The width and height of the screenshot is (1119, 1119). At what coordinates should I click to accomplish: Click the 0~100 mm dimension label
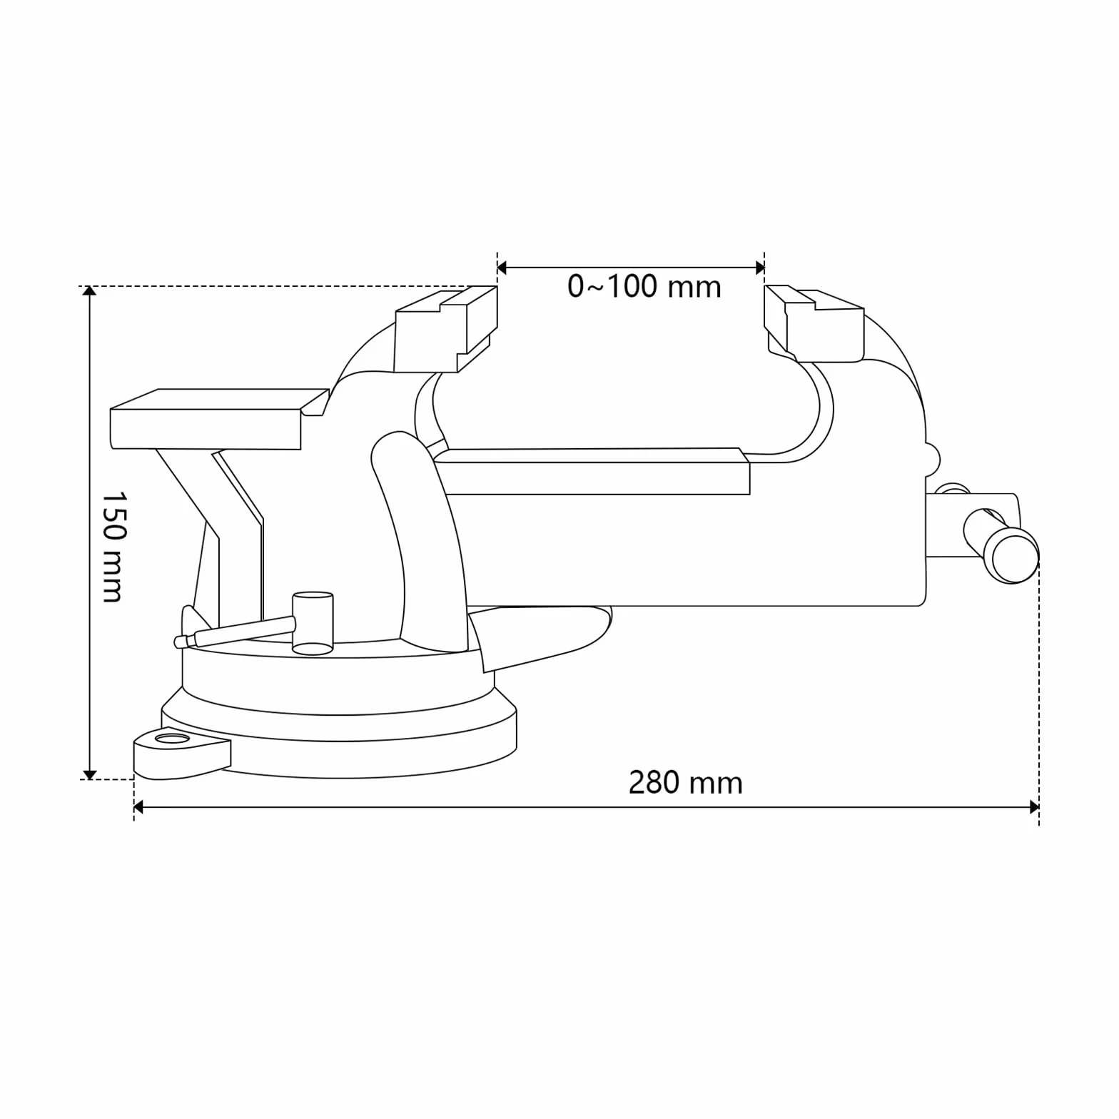(x=644, y=287)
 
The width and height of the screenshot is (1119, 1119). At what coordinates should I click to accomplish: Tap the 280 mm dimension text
(x=685, y=783)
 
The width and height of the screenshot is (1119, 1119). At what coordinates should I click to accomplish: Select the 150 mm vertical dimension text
(x=113, y=546)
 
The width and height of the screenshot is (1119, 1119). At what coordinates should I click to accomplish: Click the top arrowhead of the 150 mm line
(x=89, y=290)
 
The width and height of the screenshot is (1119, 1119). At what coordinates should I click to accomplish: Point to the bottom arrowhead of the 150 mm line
(x=89, y=774)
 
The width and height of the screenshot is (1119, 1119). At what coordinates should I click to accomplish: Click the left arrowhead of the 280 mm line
(x=139, y=807)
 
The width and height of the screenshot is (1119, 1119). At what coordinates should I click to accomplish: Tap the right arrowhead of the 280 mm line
(x=1034, y=807)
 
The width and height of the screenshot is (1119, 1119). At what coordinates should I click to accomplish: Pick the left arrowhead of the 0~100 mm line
(x=502, y=268)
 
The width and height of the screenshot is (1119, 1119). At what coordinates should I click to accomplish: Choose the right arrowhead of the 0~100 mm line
(x=759, y=268)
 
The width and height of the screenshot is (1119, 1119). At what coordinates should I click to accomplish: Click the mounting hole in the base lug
(x=172, y=738)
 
